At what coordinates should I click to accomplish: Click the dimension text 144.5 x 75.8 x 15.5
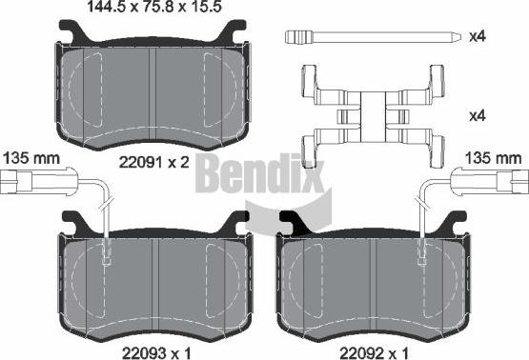click(154, 7)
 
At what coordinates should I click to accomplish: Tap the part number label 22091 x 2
click(154, 163)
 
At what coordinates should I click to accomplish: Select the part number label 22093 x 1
click(156, 353)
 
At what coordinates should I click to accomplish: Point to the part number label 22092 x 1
click(375, 353)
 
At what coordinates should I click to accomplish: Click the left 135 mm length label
click(31, 158)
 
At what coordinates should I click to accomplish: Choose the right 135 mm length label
click(493, 158)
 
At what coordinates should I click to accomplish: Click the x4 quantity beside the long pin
click(478, 36)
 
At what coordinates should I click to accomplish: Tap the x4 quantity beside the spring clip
click(478, 116)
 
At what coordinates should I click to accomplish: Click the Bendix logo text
click(260, 173)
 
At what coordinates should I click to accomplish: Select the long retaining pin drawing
click(372, 37)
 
